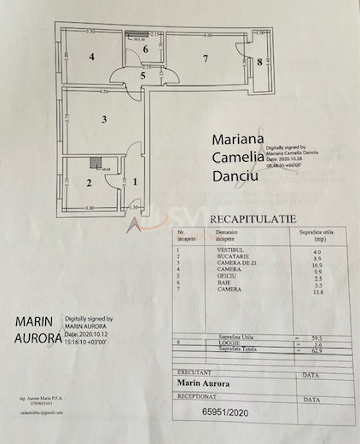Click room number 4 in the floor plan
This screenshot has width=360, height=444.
click(x=90, y=59)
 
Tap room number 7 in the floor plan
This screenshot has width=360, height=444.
click(x=205, y=59)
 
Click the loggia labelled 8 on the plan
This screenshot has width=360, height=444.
click(x=261, y=61)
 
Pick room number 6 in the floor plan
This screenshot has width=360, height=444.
click(x=146, y=49)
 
